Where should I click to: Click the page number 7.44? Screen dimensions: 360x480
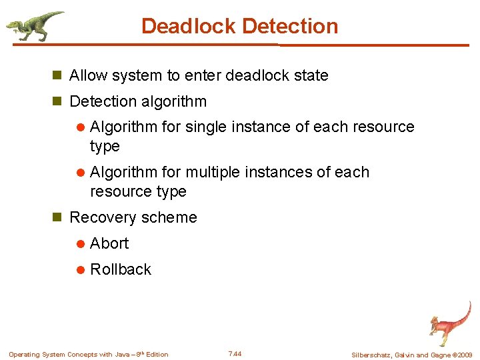235,353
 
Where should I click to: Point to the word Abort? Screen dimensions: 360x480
109,243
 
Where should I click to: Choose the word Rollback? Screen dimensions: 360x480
121,269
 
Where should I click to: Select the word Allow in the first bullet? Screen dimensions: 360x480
89,75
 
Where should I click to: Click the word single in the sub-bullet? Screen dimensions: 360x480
205,127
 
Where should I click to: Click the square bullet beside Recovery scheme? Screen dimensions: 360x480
57,218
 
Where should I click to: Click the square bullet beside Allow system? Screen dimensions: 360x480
57,76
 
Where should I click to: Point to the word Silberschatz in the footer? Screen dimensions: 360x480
373,355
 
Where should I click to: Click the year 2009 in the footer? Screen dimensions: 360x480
465,355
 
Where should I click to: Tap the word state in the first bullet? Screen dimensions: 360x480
311,75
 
